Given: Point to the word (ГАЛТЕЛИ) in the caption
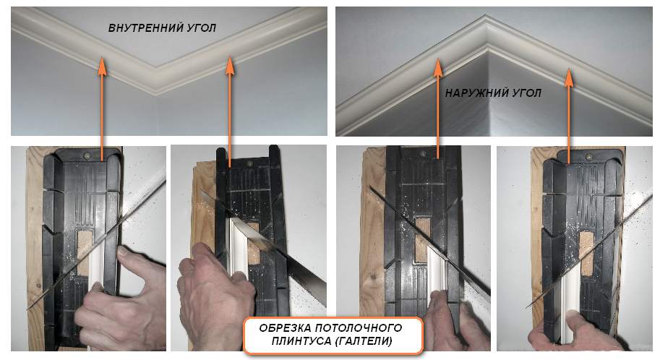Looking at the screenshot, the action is click(364, 341).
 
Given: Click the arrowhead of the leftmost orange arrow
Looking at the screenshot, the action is click(102, 66).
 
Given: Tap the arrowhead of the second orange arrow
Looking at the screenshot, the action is click(230, 66).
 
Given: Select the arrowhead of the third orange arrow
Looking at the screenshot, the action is click(438, 67).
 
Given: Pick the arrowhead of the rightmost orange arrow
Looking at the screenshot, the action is click(569, 77).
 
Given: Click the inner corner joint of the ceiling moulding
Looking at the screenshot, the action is click(157, 80).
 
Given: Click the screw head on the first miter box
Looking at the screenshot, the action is click(87, 155).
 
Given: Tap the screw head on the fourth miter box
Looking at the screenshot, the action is click(588, 157).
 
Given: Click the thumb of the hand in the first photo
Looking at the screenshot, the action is click(129, 257).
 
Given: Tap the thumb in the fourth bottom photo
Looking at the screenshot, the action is click(577, 323).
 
